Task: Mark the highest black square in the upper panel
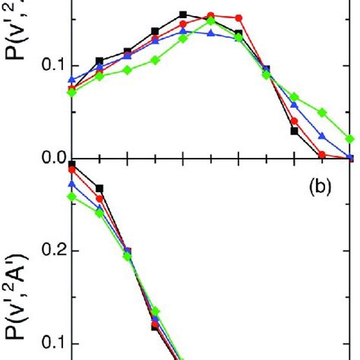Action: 183,14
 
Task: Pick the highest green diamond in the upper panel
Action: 211,21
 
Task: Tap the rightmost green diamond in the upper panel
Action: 350,139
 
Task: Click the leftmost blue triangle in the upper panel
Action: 72,80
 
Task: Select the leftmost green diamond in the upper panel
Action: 72,93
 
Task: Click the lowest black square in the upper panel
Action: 295,131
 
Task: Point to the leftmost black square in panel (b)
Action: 72,164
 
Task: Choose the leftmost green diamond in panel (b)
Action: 72,196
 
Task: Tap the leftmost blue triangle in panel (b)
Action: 72,184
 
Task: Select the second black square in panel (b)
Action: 99,188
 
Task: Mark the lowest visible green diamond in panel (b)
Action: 155,311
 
